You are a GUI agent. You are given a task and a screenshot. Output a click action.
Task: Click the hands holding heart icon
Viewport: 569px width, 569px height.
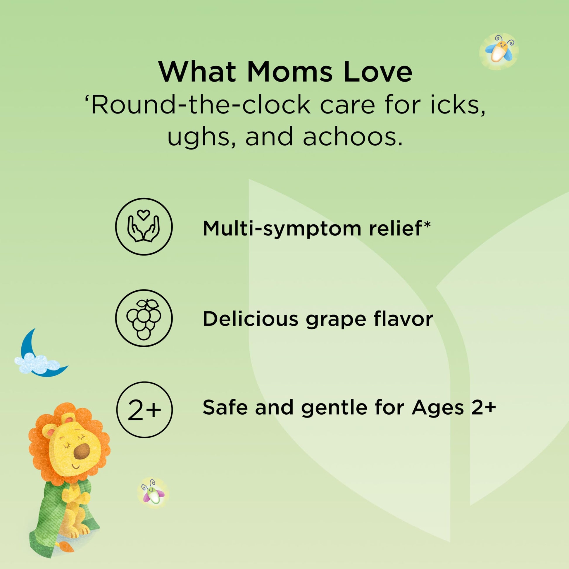(x=144, y=227)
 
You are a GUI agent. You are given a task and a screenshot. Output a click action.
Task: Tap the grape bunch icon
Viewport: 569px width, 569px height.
(x=144, y=318)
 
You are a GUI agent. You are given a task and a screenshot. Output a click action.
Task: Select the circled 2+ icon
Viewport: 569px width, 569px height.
(x=144, y=409)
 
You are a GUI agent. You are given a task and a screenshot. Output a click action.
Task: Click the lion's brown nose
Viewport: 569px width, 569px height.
(x=82, y=452)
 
